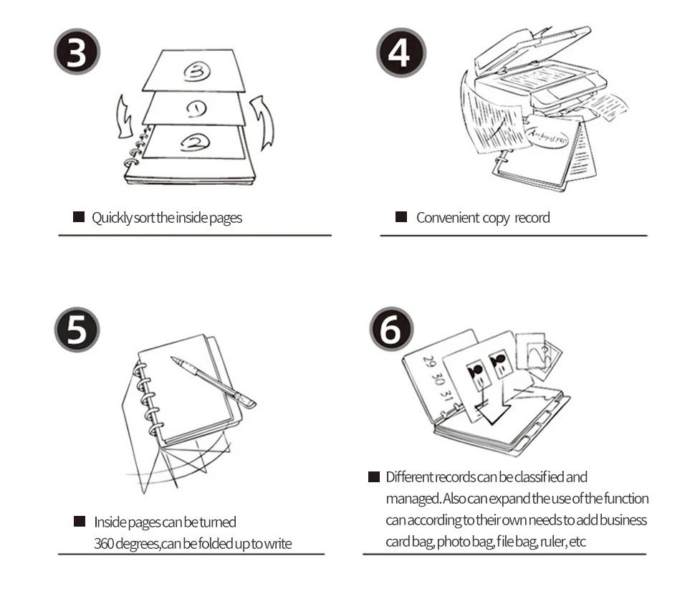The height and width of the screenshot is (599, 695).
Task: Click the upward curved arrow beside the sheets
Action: pyautogui.click(x=264, y=123)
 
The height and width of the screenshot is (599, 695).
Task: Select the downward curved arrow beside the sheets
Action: pyautogui.click(x=124, y=118)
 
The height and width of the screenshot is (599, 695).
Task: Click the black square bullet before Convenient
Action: pyautogui.click(x=401, y=217)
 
